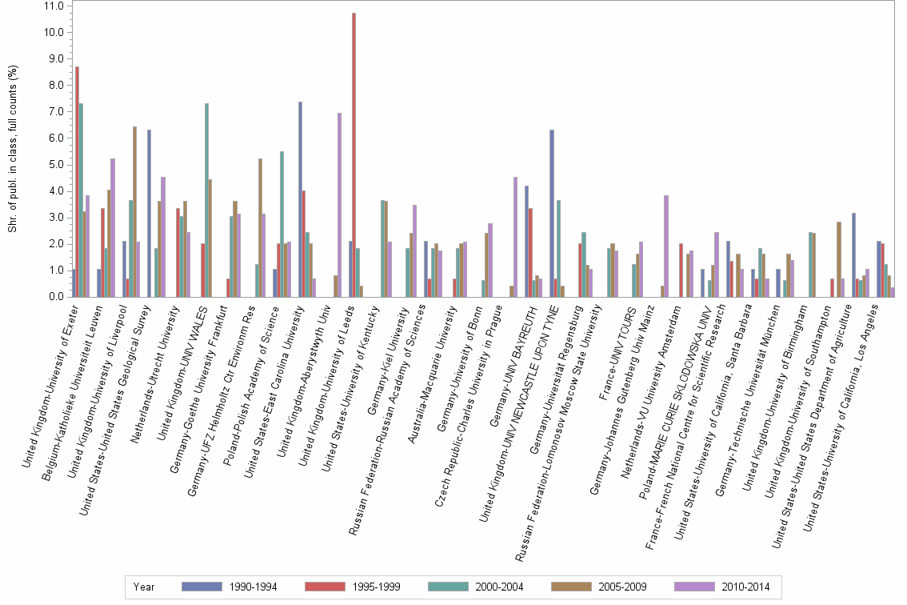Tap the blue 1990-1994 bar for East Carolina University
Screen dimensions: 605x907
pos(300,199)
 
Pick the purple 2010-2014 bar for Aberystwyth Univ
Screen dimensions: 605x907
pos(340,205)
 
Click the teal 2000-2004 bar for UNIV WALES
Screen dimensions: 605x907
pos(207,200)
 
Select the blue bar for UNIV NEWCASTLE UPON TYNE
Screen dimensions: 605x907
pos(552,213)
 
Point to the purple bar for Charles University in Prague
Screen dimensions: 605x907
pos(516,237)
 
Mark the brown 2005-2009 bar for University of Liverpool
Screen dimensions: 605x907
pos(134,211)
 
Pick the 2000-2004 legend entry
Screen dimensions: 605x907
pos(501,587)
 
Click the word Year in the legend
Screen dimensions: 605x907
pos(145,587)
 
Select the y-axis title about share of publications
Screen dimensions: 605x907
pos(13,150)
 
